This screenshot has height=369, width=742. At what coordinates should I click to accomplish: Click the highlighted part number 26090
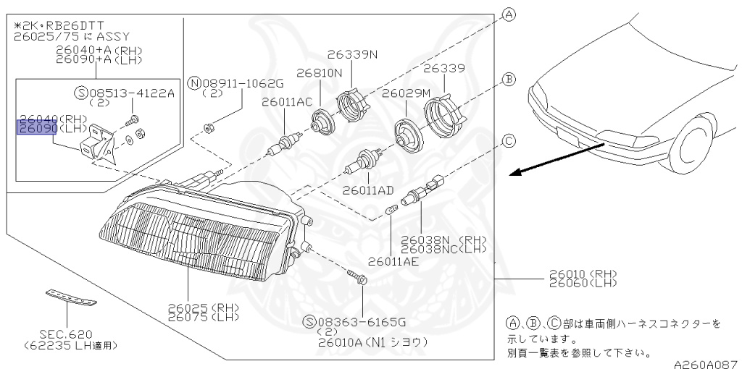[x=34, y=128]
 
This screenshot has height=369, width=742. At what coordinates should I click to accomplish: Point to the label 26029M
[x=406, y=93]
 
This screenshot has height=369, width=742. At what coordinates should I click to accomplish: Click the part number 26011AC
[x=287, y=102]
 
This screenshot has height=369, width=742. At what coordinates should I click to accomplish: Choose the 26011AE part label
[x=393, y=261]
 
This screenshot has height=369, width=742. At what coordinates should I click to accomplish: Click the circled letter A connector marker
[x=509, y=14]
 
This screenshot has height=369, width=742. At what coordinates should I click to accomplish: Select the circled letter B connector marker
[x=509, y=79]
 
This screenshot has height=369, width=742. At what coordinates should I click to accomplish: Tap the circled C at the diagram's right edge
[x=509, y=140]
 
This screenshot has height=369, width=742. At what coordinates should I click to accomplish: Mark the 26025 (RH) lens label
[x=204, y=307]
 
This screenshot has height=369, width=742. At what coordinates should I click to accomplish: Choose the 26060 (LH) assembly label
[x=582, y=283]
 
